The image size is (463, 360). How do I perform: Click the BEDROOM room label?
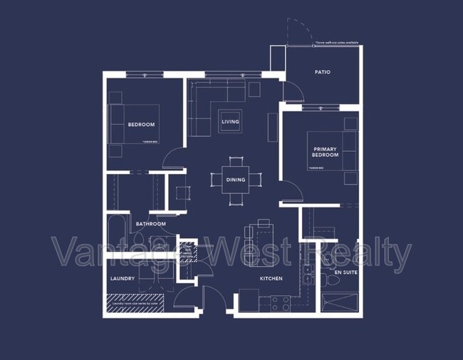pyautogui.click(x=141, y=125)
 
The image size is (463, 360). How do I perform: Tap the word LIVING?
pyautogui.click(x=230, y=122)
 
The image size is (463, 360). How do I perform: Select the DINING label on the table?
pyautogui.click(x=236, y=180)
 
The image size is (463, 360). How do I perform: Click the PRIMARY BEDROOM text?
pyautogui.click(x=325, y=153)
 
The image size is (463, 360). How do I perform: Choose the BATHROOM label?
pyautogui.click(x=151, y=224)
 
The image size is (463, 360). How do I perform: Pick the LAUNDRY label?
pyautogui.click(x=123, y=279)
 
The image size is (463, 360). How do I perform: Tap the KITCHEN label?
pyautogui.click(x=271, y=279)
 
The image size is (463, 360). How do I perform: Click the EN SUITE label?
pyautogui.click(x=345, y=272)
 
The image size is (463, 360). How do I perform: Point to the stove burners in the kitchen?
pyautogui.click(x=280, y=304)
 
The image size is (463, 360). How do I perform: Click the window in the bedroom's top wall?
pyautogui.click(x=145, y=74)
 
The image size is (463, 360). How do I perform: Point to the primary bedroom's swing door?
pyautogui.click(x=289, y=192)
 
